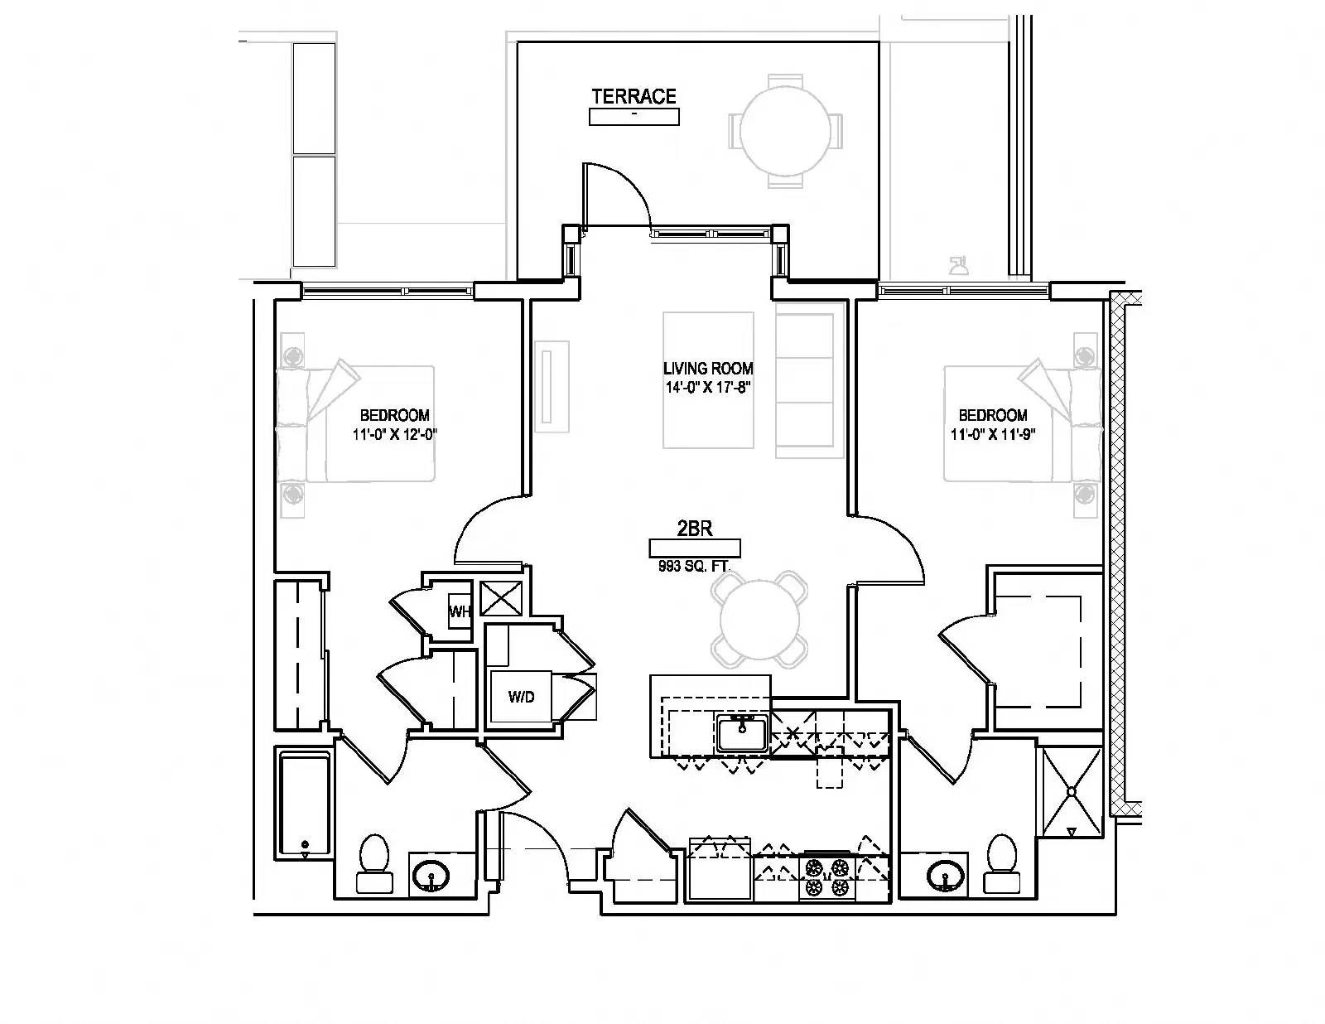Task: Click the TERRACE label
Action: coord(634,96)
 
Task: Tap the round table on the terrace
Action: coord(785,131)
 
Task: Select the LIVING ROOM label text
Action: coord(708,369)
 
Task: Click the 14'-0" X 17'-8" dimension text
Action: coord(707,387)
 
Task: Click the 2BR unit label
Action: coord(695,529)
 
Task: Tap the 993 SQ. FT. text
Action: coord(694,567)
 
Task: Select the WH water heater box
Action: coord(460,611)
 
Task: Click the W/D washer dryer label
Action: coord(522,697)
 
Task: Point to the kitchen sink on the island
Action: coord(741,734)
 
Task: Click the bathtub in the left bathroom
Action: coord(305,804)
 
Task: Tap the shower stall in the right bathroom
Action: coord(1072,792)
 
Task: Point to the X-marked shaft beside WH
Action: coord(501,598)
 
